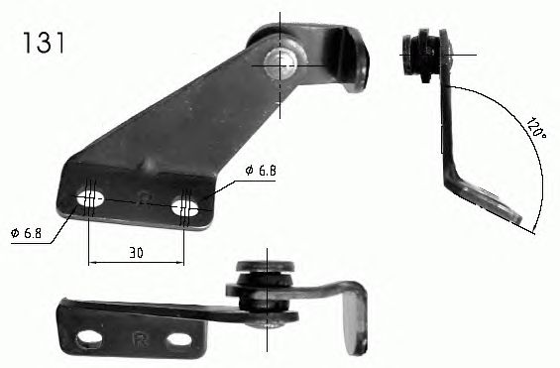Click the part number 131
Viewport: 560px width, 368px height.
coord(44,43)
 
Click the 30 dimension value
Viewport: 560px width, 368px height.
coord(136,253)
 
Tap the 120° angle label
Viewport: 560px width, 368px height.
coord(535,128)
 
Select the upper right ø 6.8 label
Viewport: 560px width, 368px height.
coord(261,171)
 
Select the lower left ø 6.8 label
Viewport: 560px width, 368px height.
coord(27,234)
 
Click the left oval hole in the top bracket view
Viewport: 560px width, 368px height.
coord(90,197)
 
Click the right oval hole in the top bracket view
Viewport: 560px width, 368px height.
coord(185,207)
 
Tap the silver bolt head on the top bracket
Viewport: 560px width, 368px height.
coord(279,63)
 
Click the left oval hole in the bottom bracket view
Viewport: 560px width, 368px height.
coord(88,338)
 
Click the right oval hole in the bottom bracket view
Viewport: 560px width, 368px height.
coord(179,340)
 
